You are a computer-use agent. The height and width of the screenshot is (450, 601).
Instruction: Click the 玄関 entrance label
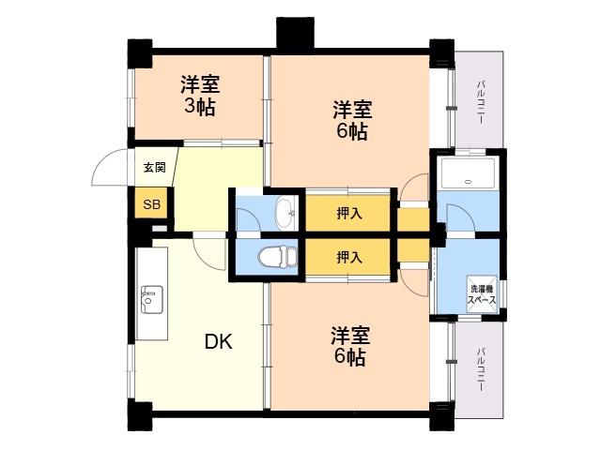coord(154,167)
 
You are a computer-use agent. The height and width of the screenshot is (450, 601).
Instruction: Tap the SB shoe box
coord(151,204)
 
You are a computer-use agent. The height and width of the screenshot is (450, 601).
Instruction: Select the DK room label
coord(219,341)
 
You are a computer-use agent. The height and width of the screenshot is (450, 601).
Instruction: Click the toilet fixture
coord(278,256)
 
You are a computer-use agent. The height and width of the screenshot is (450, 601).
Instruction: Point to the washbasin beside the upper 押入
coord(285,214)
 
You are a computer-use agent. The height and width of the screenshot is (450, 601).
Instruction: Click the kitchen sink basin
coord(152,300)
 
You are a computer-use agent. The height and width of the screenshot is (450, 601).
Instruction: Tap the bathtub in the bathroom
coord(468,173)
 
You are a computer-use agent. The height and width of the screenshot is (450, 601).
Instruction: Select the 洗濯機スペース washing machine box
coord(482,294)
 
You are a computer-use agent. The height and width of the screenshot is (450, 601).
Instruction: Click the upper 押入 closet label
coord(349,214)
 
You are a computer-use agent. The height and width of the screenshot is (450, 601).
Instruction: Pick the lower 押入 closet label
coord(349,258)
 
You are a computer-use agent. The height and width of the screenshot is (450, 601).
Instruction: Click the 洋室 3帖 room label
coord(200,96)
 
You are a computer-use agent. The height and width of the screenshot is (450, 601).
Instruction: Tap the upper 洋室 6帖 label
coord(352,121)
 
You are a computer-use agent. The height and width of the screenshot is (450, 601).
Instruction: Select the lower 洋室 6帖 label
coord(350,346)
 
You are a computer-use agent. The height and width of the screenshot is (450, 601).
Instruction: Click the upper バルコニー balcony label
coord(480,102)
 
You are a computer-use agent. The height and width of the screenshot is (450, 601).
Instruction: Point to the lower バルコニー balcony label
coord(480,369)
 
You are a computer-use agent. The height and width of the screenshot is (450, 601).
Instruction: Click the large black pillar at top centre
coord(295,33)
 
